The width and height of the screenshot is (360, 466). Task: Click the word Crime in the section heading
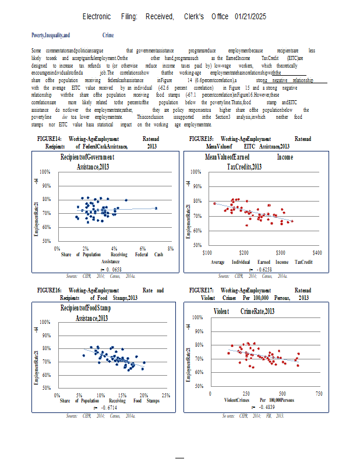tap(108, 36)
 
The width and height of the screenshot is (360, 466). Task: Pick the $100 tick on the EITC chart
tap(207, 253)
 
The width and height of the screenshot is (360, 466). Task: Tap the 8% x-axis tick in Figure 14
tap(171, 249)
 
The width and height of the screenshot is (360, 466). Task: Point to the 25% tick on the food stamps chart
tap(165, 395)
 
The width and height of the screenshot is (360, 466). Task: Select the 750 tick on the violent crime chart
tap(319, 394)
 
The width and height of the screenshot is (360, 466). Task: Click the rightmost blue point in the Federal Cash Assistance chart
tap(156, 208)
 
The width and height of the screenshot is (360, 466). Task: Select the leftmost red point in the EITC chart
tap(214, 203)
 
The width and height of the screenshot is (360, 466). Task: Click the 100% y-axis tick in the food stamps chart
tap(44, 322)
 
